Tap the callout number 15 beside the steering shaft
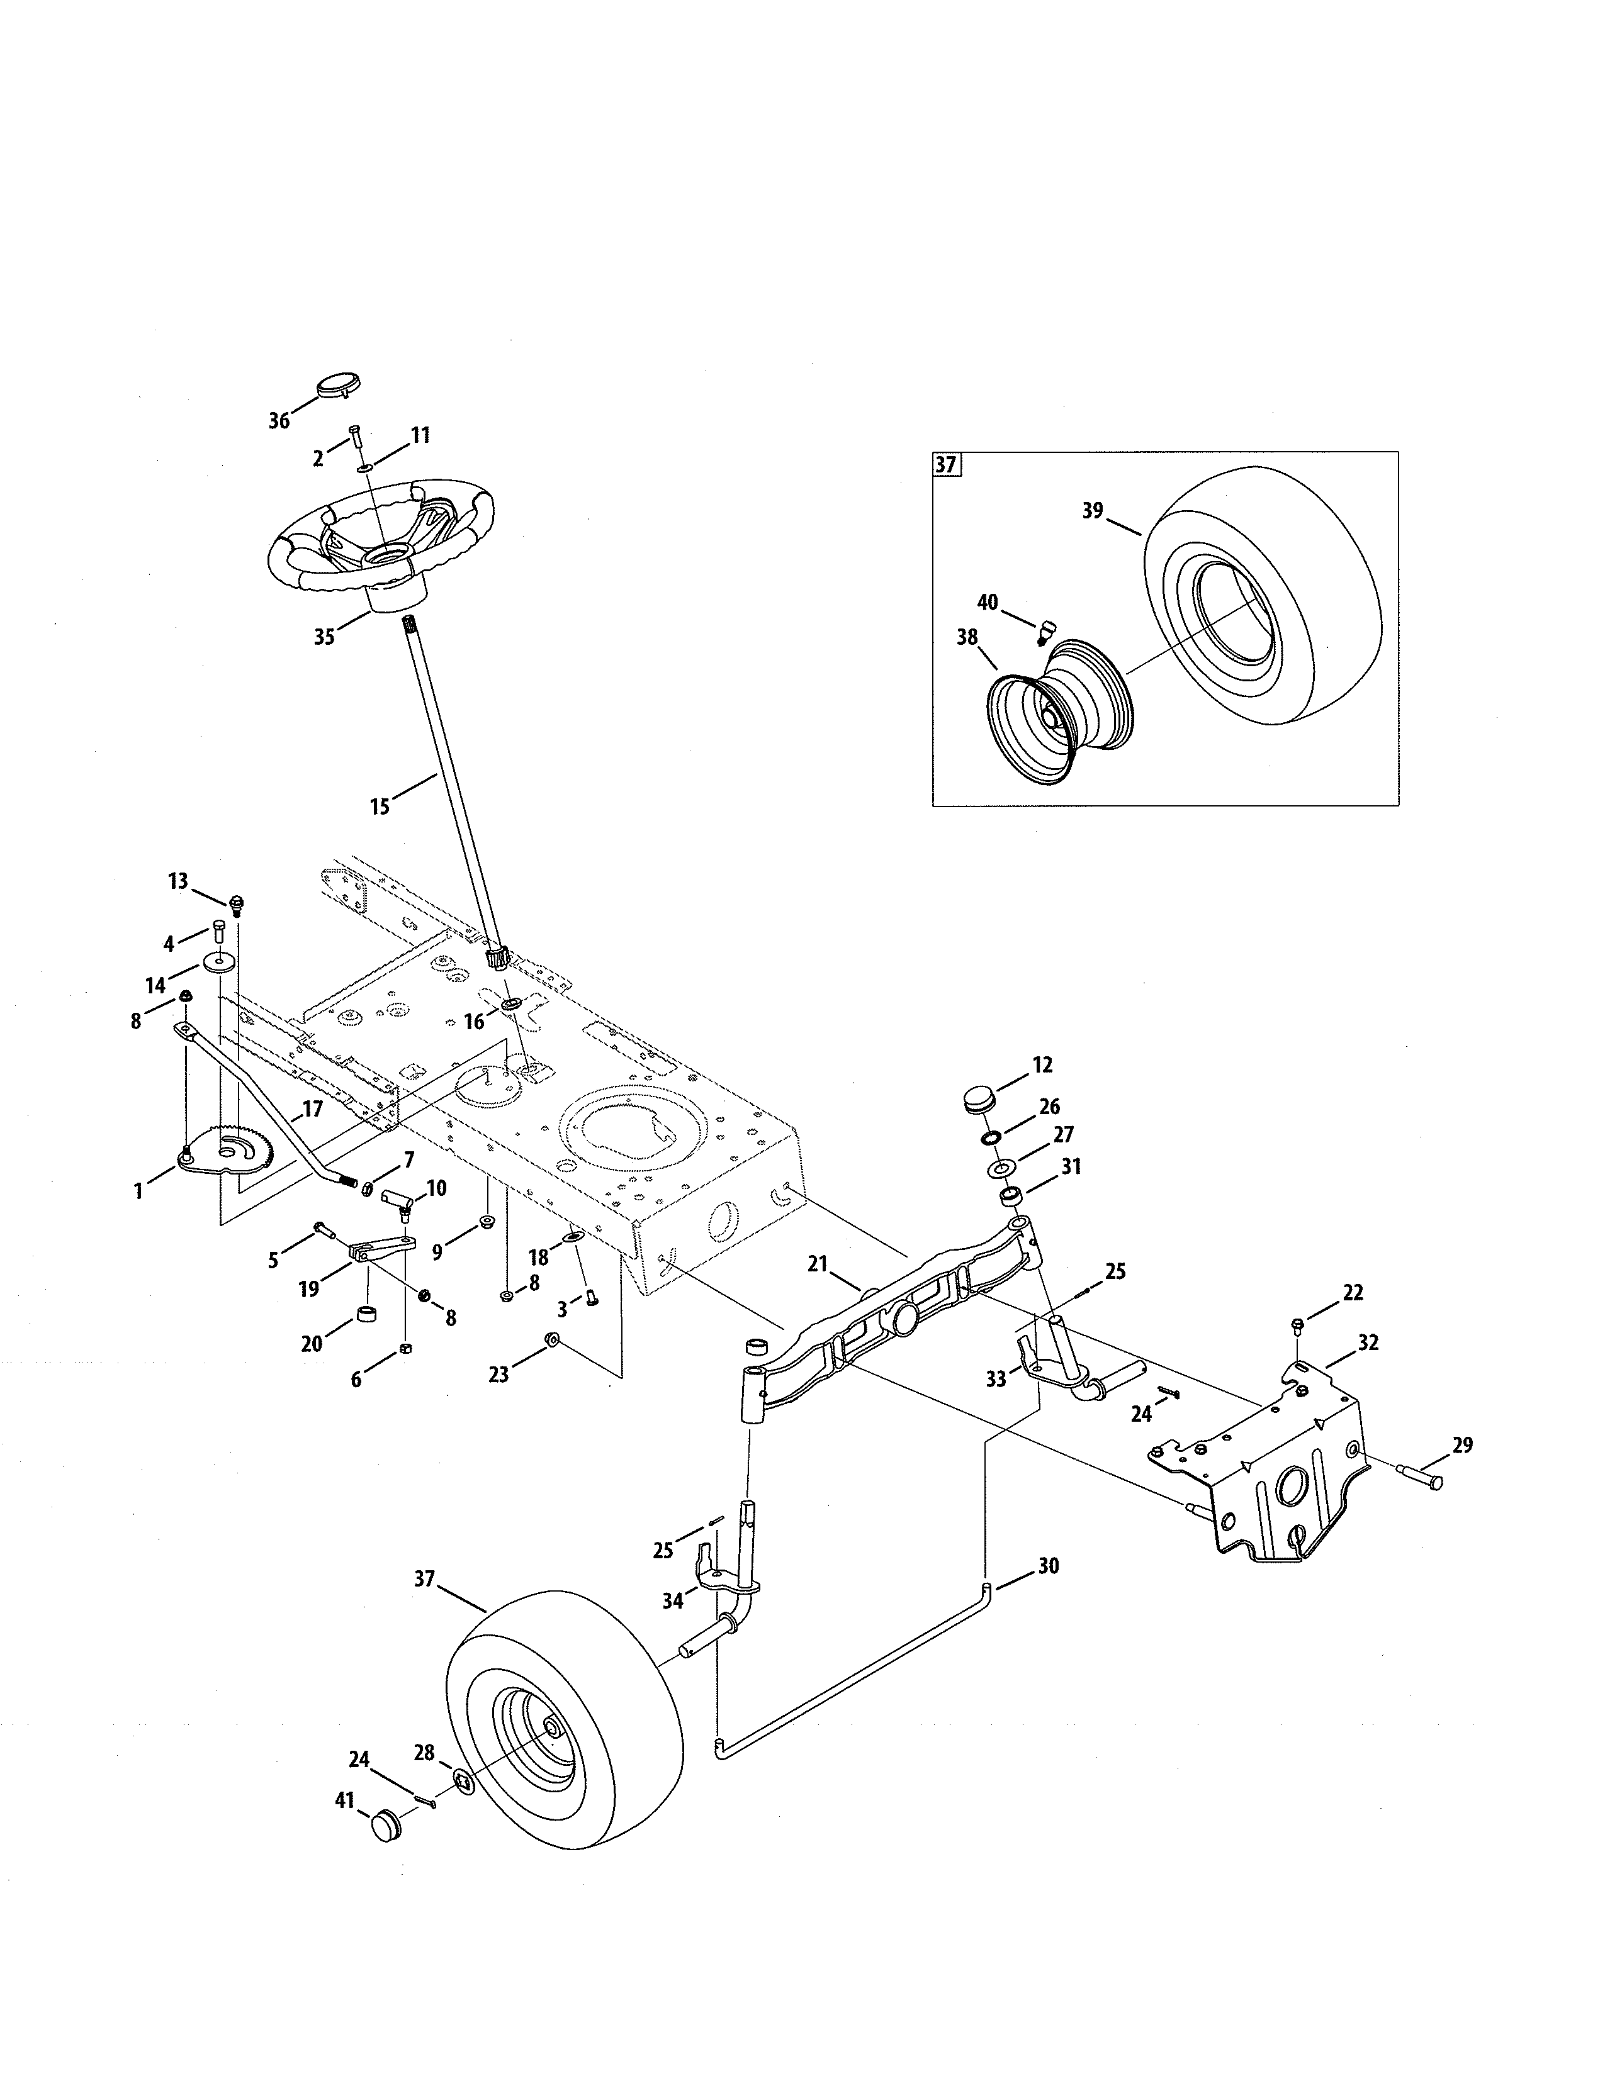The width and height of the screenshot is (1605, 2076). (380, 807)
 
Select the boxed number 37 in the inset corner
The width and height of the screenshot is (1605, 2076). (946, 465)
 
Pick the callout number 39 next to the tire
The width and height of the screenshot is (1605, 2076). (1093, 510)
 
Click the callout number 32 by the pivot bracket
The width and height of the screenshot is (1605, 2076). (1367, 1342)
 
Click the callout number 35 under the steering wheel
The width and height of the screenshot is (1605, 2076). (324, 637)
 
